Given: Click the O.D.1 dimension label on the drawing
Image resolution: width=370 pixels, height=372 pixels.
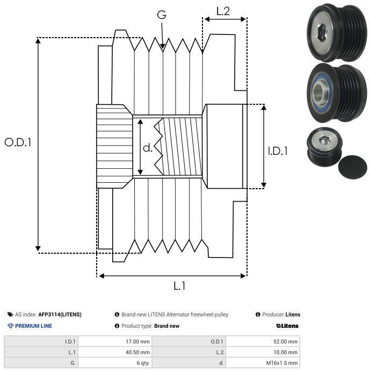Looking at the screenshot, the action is click(18, 142).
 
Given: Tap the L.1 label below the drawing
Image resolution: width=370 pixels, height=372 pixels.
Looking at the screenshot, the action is click(179, 286).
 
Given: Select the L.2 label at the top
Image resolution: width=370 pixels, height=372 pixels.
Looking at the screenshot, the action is click(223, 11).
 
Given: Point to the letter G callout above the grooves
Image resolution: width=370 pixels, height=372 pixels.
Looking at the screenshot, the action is click(162, 15).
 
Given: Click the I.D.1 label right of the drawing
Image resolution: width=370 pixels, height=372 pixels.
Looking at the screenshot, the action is click(278, 151).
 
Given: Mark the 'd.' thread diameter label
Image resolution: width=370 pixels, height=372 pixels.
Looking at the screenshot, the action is click(148, 148).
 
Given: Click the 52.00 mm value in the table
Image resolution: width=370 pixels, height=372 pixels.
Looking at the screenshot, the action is click(285, 342).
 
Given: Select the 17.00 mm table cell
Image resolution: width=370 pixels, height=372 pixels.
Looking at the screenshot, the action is click(137, 342).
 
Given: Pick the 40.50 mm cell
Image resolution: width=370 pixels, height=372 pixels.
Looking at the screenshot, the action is click(137, 352).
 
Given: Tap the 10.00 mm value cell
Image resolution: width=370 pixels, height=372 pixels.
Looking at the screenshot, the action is click(285, 352).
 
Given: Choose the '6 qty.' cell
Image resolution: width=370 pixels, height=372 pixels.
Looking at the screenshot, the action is click(143, 363).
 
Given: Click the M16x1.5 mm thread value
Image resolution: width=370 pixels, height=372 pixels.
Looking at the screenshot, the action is click(281, 363).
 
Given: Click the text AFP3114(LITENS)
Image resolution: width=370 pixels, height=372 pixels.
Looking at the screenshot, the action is click(60, 314).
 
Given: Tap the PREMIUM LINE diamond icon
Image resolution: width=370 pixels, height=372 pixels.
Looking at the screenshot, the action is click(10, 326).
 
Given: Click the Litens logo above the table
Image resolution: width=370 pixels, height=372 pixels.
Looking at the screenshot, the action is click(287, 326).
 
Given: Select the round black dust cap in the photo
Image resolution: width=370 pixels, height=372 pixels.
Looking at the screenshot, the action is click(352, 167).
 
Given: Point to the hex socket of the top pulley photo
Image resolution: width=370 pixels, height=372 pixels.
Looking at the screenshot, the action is click(321, 32).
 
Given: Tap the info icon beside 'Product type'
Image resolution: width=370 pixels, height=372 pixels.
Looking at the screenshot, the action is click(117, 326).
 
